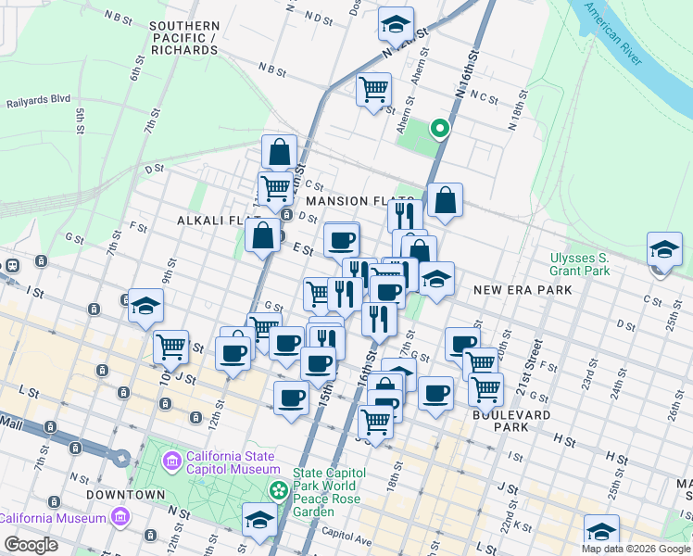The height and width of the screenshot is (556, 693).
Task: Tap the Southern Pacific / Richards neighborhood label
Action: point(183,38)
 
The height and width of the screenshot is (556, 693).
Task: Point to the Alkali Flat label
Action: point(209,221)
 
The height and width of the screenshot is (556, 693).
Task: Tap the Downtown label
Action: point(125,495)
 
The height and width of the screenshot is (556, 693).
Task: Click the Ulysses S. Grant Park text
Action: point(606,264)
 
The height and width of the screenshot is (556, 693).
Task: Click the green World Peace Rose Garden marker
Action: point(277,488)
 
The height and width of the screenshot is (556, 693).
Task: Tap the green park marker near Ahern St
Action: point(441,129)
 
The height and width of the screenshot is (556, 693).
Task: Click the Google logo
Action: point(31,544)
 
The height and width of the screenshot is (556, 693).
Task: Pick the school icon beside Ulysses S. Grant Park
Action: point(663,250)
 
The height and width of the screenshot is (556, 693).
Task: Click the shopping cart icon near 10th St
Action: point(171,347)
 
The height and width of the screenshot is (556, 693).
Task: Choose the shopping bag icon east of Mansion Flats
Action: point(445,199)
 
